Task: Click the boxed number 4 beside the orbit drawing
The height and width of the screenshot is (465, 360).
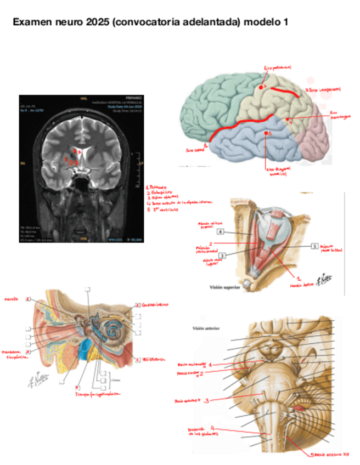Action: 220,232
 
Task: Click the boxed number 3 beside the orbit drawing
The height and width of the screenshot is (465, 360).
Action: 222,256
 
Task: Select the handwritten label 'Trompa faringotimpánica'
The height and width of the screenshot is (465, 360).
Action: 99,394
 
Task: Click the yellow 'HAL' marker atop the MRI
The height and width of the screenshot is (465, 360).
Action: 83,99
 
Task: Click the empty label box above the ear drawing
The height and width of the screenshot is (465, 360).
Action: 87,290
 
